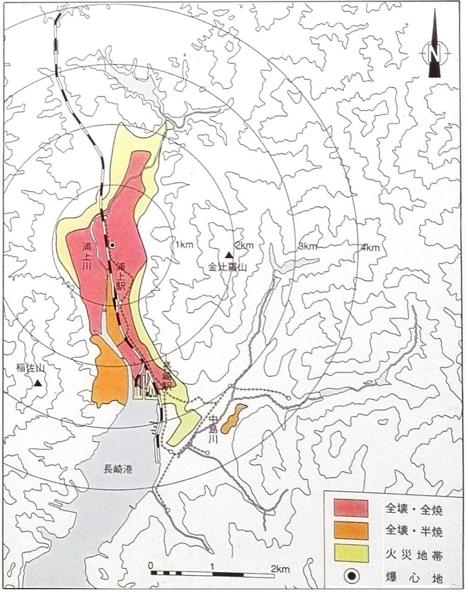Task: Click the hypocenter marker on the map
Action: [x=112, y=244]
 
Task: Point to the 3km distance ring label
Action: [x=308, y=246]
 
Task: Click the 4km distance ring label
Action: [x=370, y=248]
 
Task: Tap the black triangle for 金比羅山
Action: [x=229, y=255]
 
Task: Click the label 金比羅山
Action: [x=227, y=268]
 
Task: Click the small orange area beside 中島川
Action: [x=233, y=417]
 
